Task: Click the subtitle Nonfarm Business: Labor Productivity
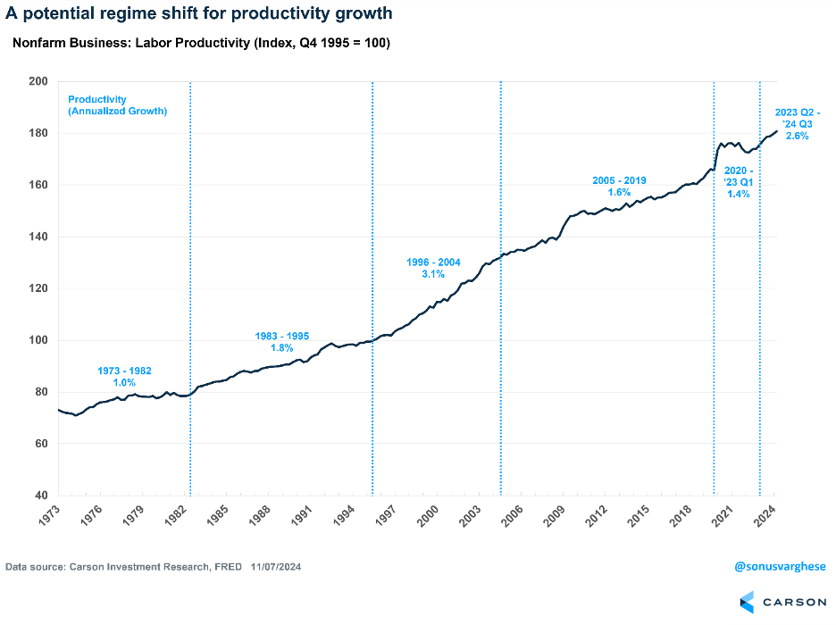click(201, 44)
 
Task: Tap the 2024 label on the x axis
click(770, 516)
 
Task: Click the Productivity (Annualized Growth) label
click(117, 105)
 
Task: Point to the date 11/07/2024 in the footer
click(282, 566)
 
